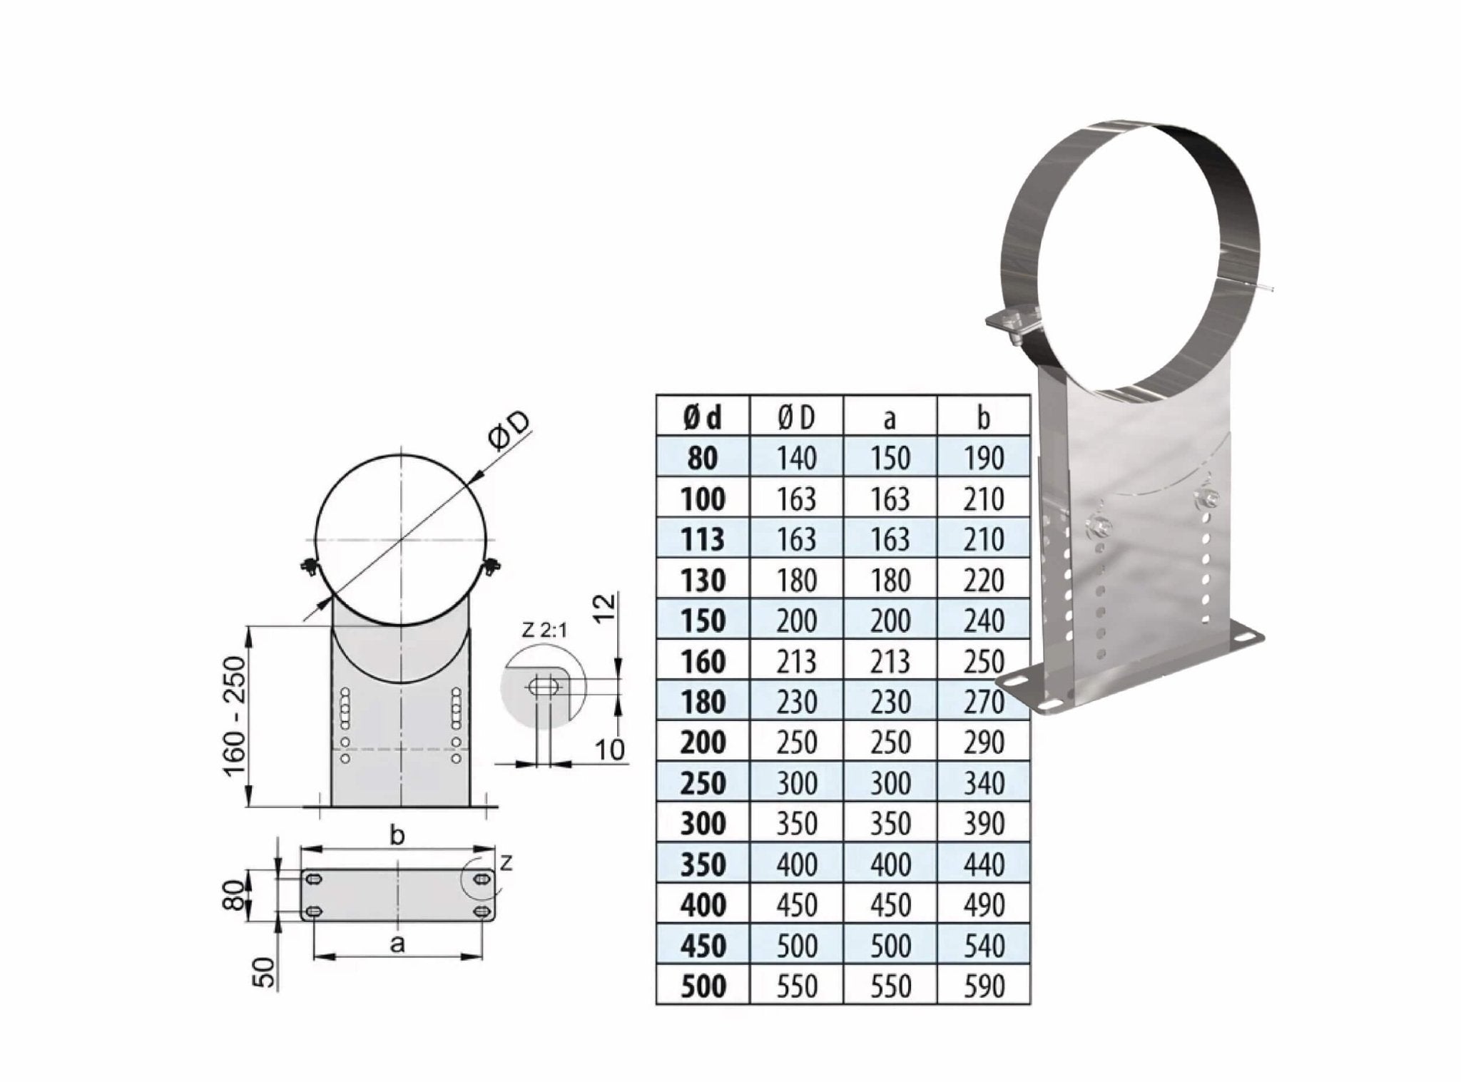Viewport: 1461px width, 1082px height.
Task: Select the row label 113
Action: (702, 539)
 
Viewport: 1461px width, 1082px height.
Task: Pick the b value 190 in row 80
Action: (983, 458)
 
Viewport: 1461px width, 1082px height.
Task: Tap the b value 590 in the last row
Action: (983, 986)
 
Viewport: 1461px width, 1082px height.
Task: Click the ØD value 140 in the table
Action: (796, 458)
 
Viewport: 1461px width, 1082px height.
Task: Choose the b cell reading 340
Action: (983, 783)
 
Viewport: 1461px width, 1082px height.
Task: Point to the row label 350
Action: (702, 864)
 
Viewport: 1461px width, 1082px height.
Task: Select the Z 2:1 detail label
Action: (544, 630)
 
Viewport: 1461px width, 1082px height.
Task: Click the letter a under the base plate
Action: (398, 944)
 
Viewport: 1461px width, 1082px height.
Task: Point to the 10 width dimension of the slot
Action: (610, 749)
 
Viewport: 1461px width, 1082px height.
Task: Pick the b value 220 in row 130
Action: (983, 580)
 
